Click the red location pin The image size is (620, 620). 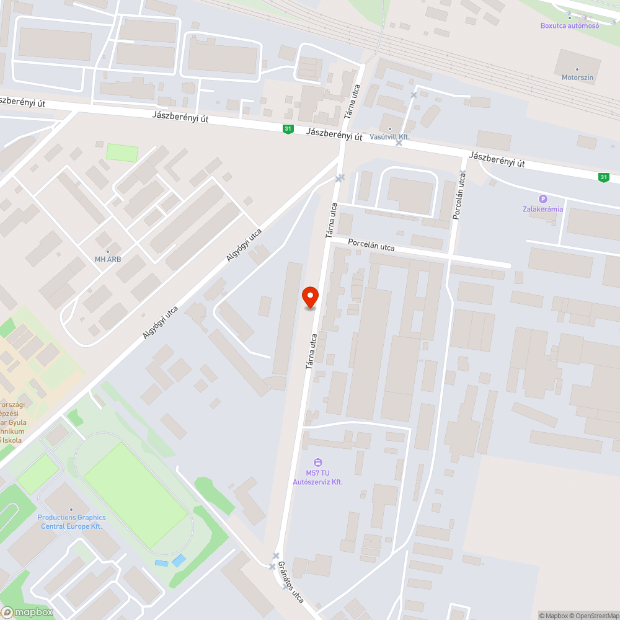(x=310, y=297)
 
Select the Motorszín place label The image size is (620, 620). (x=577, y=77)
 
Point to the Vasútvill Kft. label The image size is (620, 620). (x=390, y=136)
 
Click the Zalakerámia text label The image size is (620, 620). (x=542, y=209)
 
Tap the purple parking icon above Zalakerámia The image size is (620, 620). (x=543, y=199)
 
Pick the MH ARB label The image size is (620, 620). (x=108, y=259)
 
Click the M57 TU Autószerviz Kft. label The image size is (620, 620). (x=319, y=477)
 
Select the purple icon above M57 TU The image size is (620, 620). (x=319, y=462)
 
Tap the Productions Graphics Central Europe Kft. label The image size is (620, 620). (x=71, y=521)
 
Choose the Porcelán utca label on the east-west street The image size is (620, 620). (x=371, y=246)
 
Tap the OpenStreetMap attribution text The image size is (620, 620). (x=595, y=616)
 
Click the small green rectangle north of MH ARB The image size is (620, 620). (x=122, y=153)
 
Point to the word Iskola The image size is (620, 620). (x=12, y=440)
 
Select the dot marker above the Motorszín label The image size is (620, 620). (x=577, y=69)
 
